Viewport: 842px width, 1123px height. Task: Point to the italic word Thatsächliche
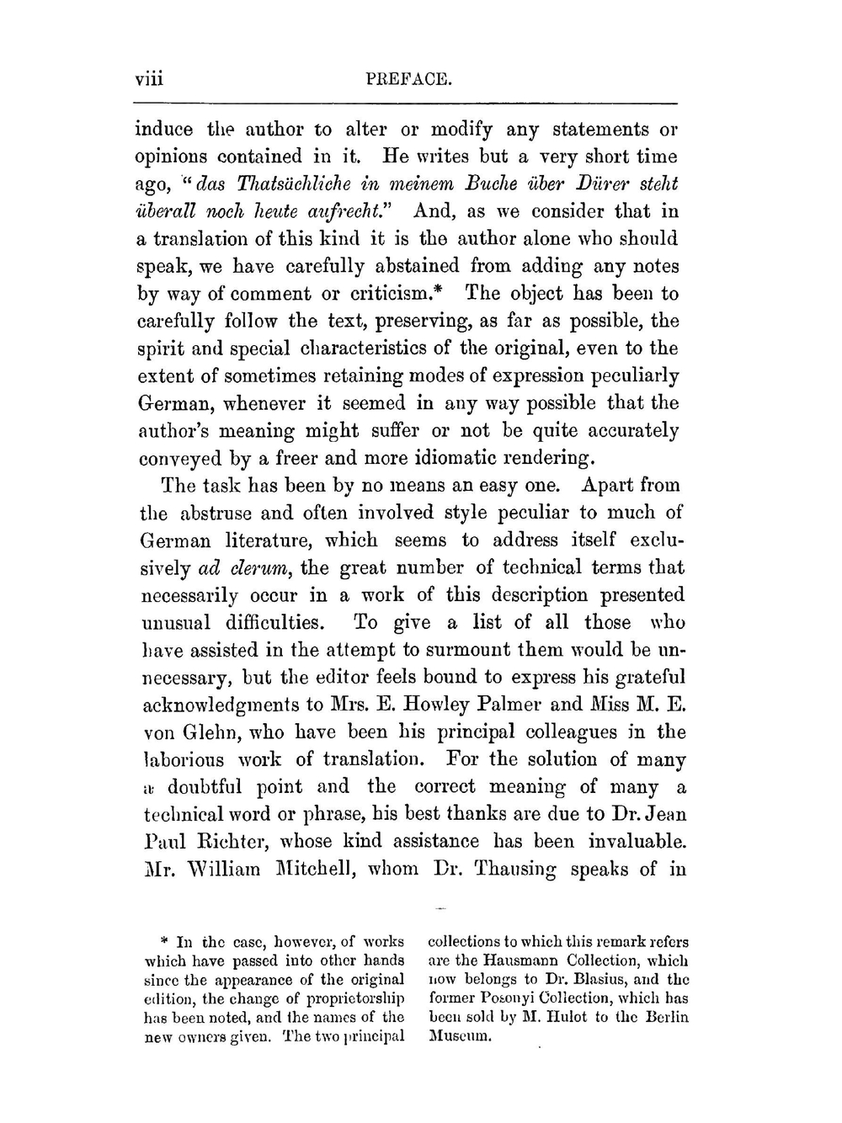[x=252, y=184]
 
